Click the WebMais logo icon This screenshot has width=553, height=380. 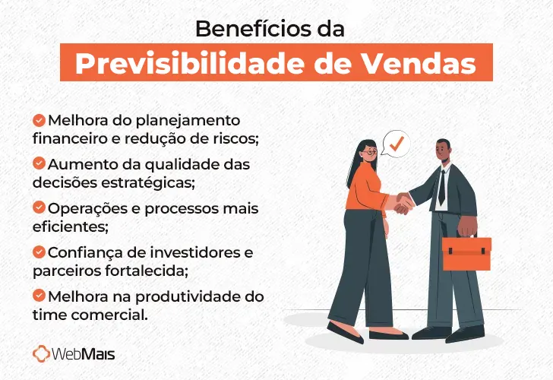[43, 353]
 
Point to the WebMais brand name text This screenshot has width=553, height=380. [85, 354]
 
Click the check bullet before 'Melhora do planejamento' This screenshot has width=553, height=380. [39, 120]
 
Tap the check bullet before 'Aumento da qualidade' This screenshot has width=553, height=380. [39, 163]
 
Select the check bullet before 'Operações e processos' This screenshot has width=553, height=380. [39, 207]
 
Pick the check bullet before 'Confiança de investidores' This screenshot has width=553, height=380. [39, 251]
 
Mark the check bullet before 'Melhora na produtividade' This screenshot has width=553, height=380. [39, 295]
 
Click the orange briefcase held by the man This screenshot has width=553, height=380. [466, 253]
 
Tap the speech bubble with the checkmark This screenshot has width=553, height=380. [396, 142]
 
